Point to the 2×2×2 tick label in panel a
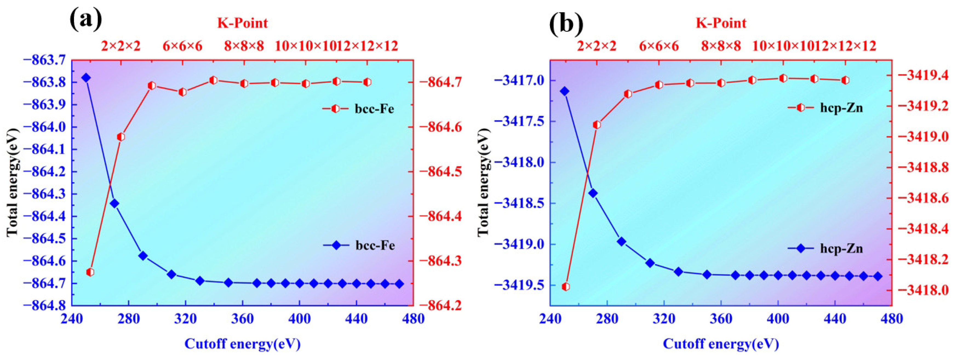(x=121, y=46)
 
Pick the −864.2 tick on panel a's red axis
(x=439, y=305)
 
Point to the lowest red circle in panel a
(x=90, y=272)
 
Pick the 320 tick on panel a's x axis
(x=185, y=319)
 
